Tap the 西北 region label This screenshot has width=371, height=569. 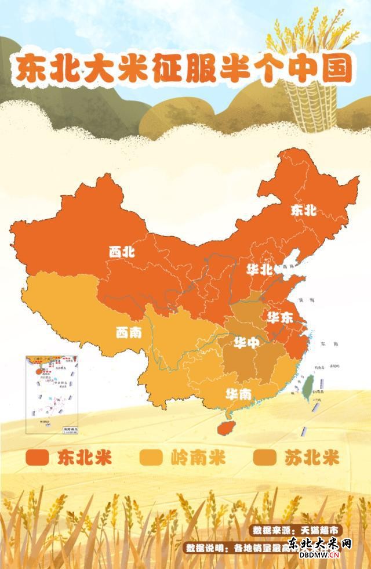coord(122,252)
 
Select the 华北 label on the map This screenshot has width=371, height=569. coord(259,270)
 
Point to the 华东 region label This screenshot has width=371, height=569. coord(279,317)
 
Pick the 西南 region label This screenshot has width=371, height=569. coord(128,333)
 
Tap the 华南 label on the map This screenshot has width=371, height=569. coord(239,394)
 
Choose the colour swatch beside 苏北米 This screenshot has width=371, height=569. coord(266,458)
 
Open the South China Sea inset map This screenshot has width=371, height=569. coord(54,394)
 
